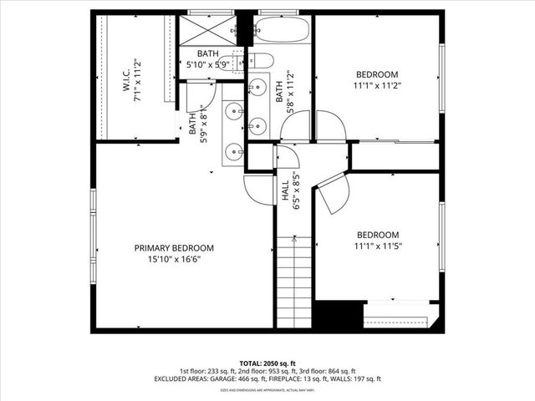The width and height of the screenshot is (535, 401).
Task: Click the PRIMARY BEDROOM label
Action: click(175, 248)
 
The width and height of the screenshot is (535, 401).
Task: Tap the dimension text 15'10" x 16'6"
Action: click(175, 260)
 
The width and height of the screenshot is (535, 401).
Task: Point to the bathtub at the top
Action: click(282, 31)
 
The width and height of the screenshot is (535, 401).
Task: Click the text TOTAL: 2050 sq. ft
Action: click(267, 363)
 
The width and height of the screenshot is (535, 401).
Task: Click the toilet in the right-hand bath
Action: click(261, 60)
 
